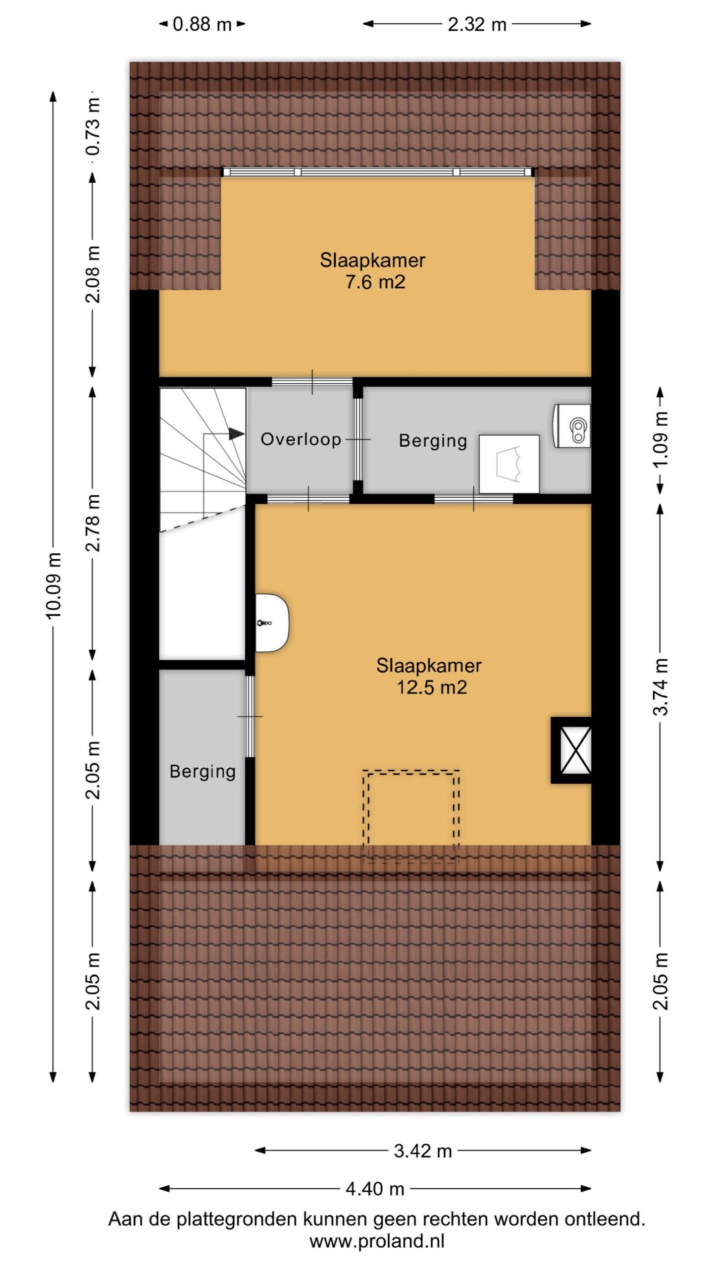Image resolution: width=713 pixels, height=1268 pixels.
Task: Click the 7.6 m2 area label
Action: click(x=375, y=282)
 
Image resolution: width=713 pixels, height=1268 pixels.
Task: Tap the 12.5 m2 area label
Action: click(x=432, y=687)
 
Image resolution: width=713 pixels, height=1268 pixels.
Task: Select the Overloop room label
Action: click(x=301, y=439)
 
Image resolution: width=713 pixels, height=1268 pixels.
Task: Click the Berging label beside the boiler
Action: click(x=433, y=440)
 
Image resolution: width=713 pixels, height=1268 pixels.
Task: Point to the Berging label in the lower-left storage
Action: click(x=203, y=771)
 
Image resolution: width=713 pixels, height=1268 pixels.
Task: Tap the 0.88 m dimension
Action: click(x=203, y=24)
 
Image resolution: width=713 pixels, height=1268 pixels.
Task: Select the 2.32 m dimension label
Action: click(x=477, y=24)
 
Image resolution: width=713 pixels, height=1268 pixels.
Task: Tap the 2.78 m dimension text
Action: click(x=93, y=523)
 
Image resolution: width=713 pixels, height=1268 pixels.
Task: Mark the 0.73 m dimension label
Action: click(x=93, y=127)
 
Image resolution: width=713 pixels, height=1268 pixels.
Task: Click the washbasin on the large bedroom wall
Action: click(x=272, y=623)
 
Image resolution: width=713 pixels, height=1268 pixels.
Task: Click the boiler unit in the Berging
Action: click(x=572, y=426)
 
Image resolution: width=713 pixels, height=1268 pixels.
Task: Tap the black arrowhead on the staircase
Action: click(x=237, y=434)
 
